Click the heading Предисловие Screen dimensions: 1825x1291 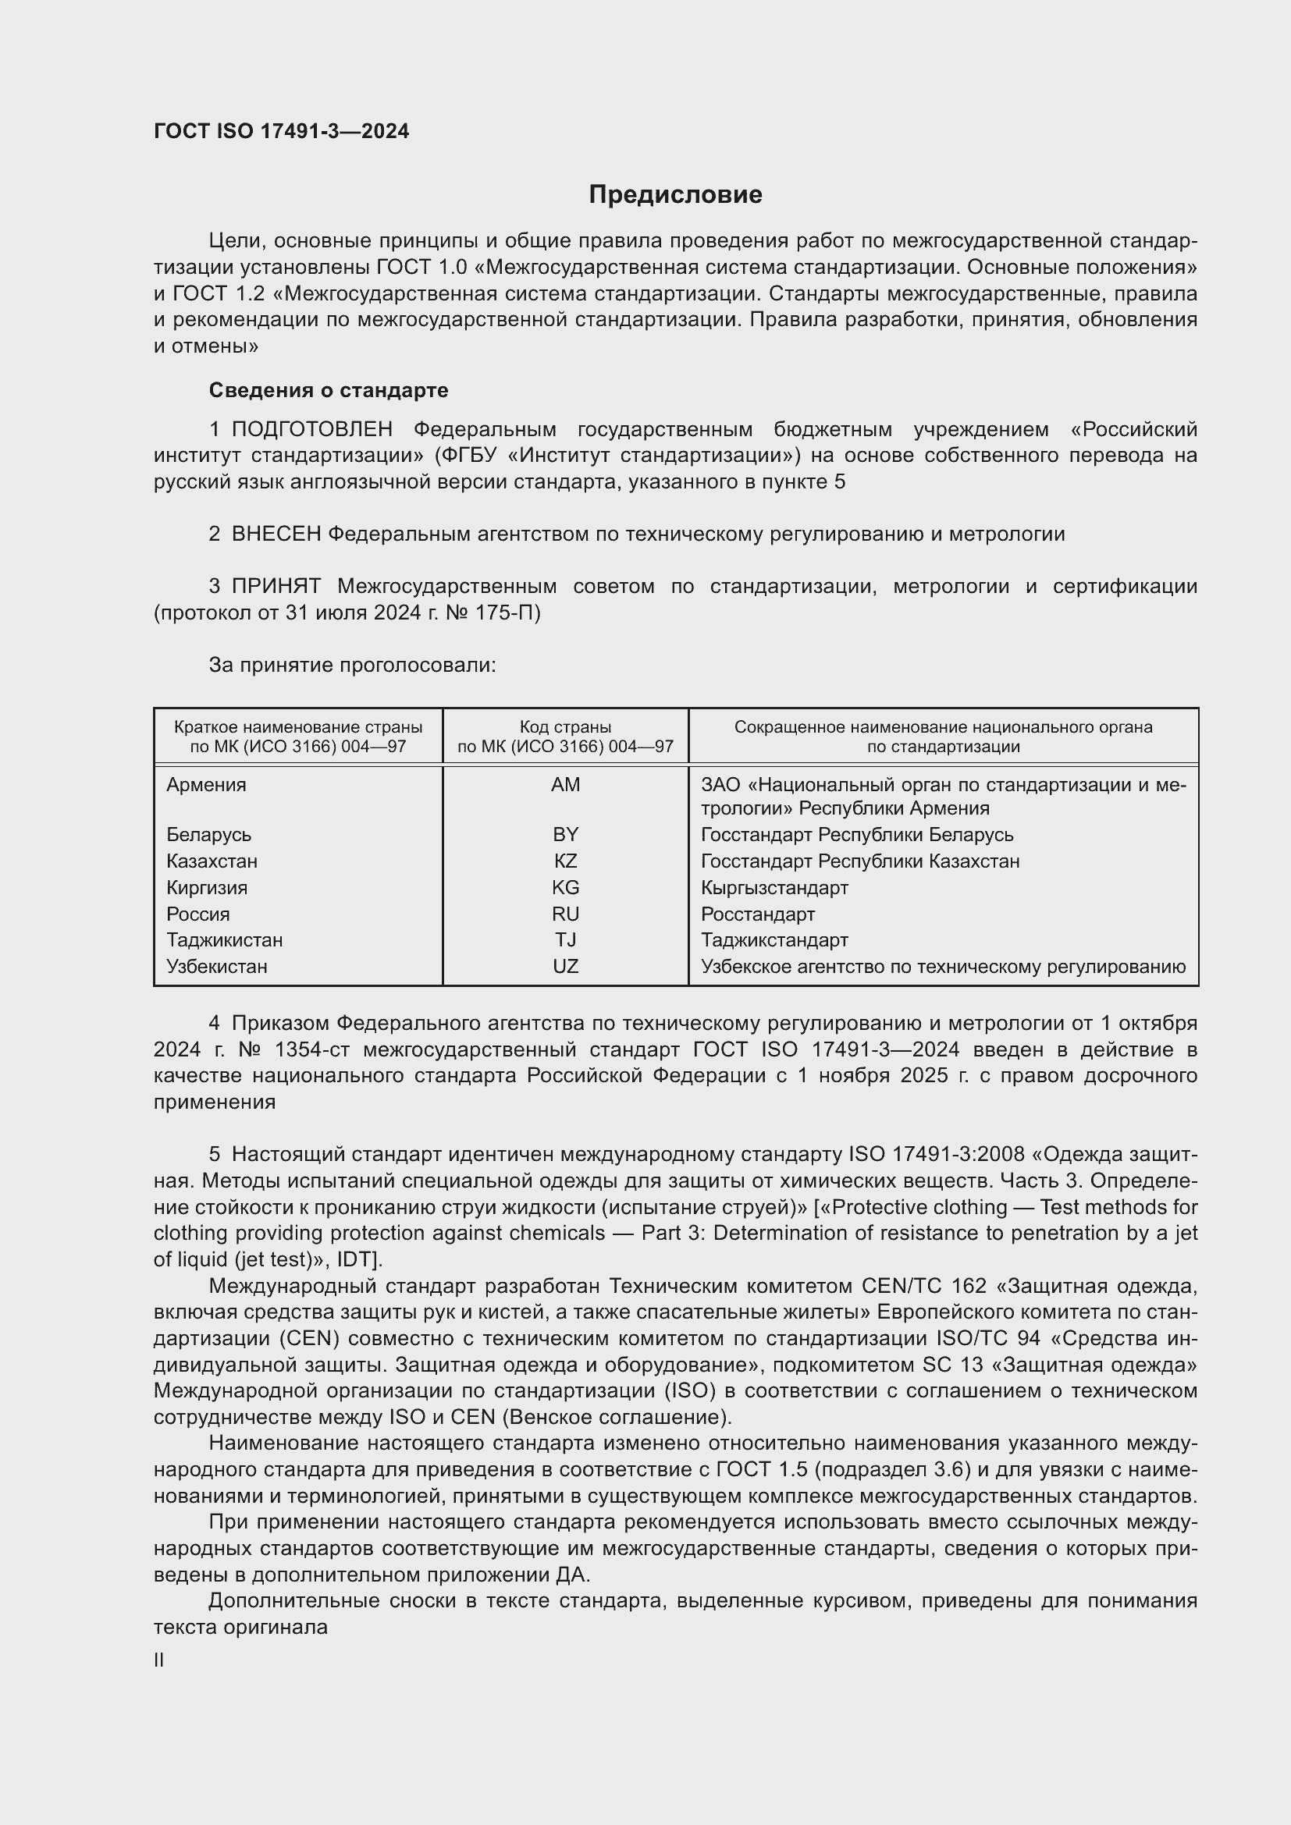point(675,195)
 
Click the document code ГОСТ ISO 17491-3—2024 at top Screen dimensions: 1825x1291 point(282,132)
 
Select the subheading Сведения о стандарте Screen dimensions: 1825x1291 point(329,390)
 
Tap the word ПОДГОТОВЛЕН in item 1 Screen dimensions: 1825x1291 point(311,430)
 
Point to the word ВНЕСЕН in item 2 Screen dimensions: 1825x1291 point(276,534)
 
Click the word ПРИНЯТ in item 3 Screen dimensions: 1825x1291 point(276,587)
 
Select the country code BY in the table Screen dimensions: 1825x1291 point(565,835)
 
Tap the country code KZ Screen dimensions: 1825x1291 point(565,861)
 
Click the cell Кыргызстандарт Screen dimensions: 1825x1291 point(774,888)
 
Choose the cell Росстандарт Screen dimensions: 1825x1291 point(758,914)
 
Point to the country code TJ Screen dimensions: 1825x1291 point(565,940)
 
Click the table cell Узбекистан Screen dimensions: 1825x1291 point(217,967)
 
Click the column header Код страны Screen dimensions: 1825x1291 point(565,727)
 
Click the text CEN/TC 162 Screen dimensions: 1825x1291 point(923,1286)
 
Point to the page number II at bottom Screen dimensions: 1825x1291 point(159,1660)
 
